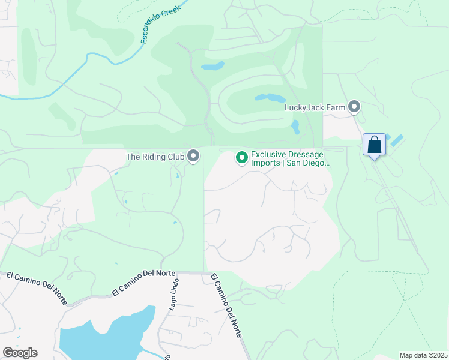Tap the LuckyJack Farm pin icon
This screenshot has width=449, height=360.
point(354,107)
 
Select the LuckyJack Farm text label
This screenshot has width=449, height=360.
point(315,108)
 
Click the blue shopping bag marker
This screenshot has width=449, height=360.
point(374,145)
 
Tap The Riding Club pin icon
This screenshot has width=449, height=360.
point(193,157)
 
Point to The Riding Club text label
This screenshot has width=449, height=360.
point(154,157)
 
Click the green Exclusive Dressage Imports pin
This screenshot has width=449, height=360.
point(242,158)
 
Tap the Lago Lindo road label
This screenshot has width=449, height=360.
point(172,294)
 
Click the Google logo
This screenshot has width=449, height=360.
point(20,353)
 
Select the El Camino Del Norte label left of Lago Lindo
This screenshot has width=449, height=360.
point(143,282)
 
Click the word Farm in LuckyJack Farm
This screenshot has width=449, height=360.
point(336,108)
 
